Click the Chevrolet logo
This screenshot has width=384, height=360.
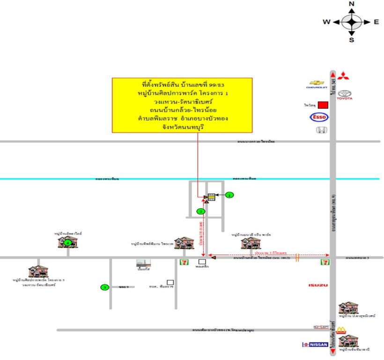click(315, 84)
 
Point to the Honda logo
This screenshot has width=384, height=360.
click(320, 131)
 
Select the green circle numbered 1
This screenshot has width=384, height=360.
click(229, 195)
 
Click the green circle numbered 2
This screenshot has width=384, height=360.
click(201, 211)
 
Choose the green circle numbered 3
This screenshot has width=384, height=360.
click(105, 287)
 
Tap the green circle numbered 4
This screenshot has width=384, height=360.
click(68, 243)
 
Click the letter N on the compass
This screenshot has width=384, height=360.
click(352, 4)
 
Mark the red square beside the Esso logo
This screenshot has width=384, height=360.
click(322, 105)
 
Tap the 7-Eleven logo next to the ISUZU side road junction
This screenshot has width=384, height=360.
click(325, 262)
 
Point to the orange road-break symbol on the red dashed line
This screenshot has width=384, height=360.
click(296, 257)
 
